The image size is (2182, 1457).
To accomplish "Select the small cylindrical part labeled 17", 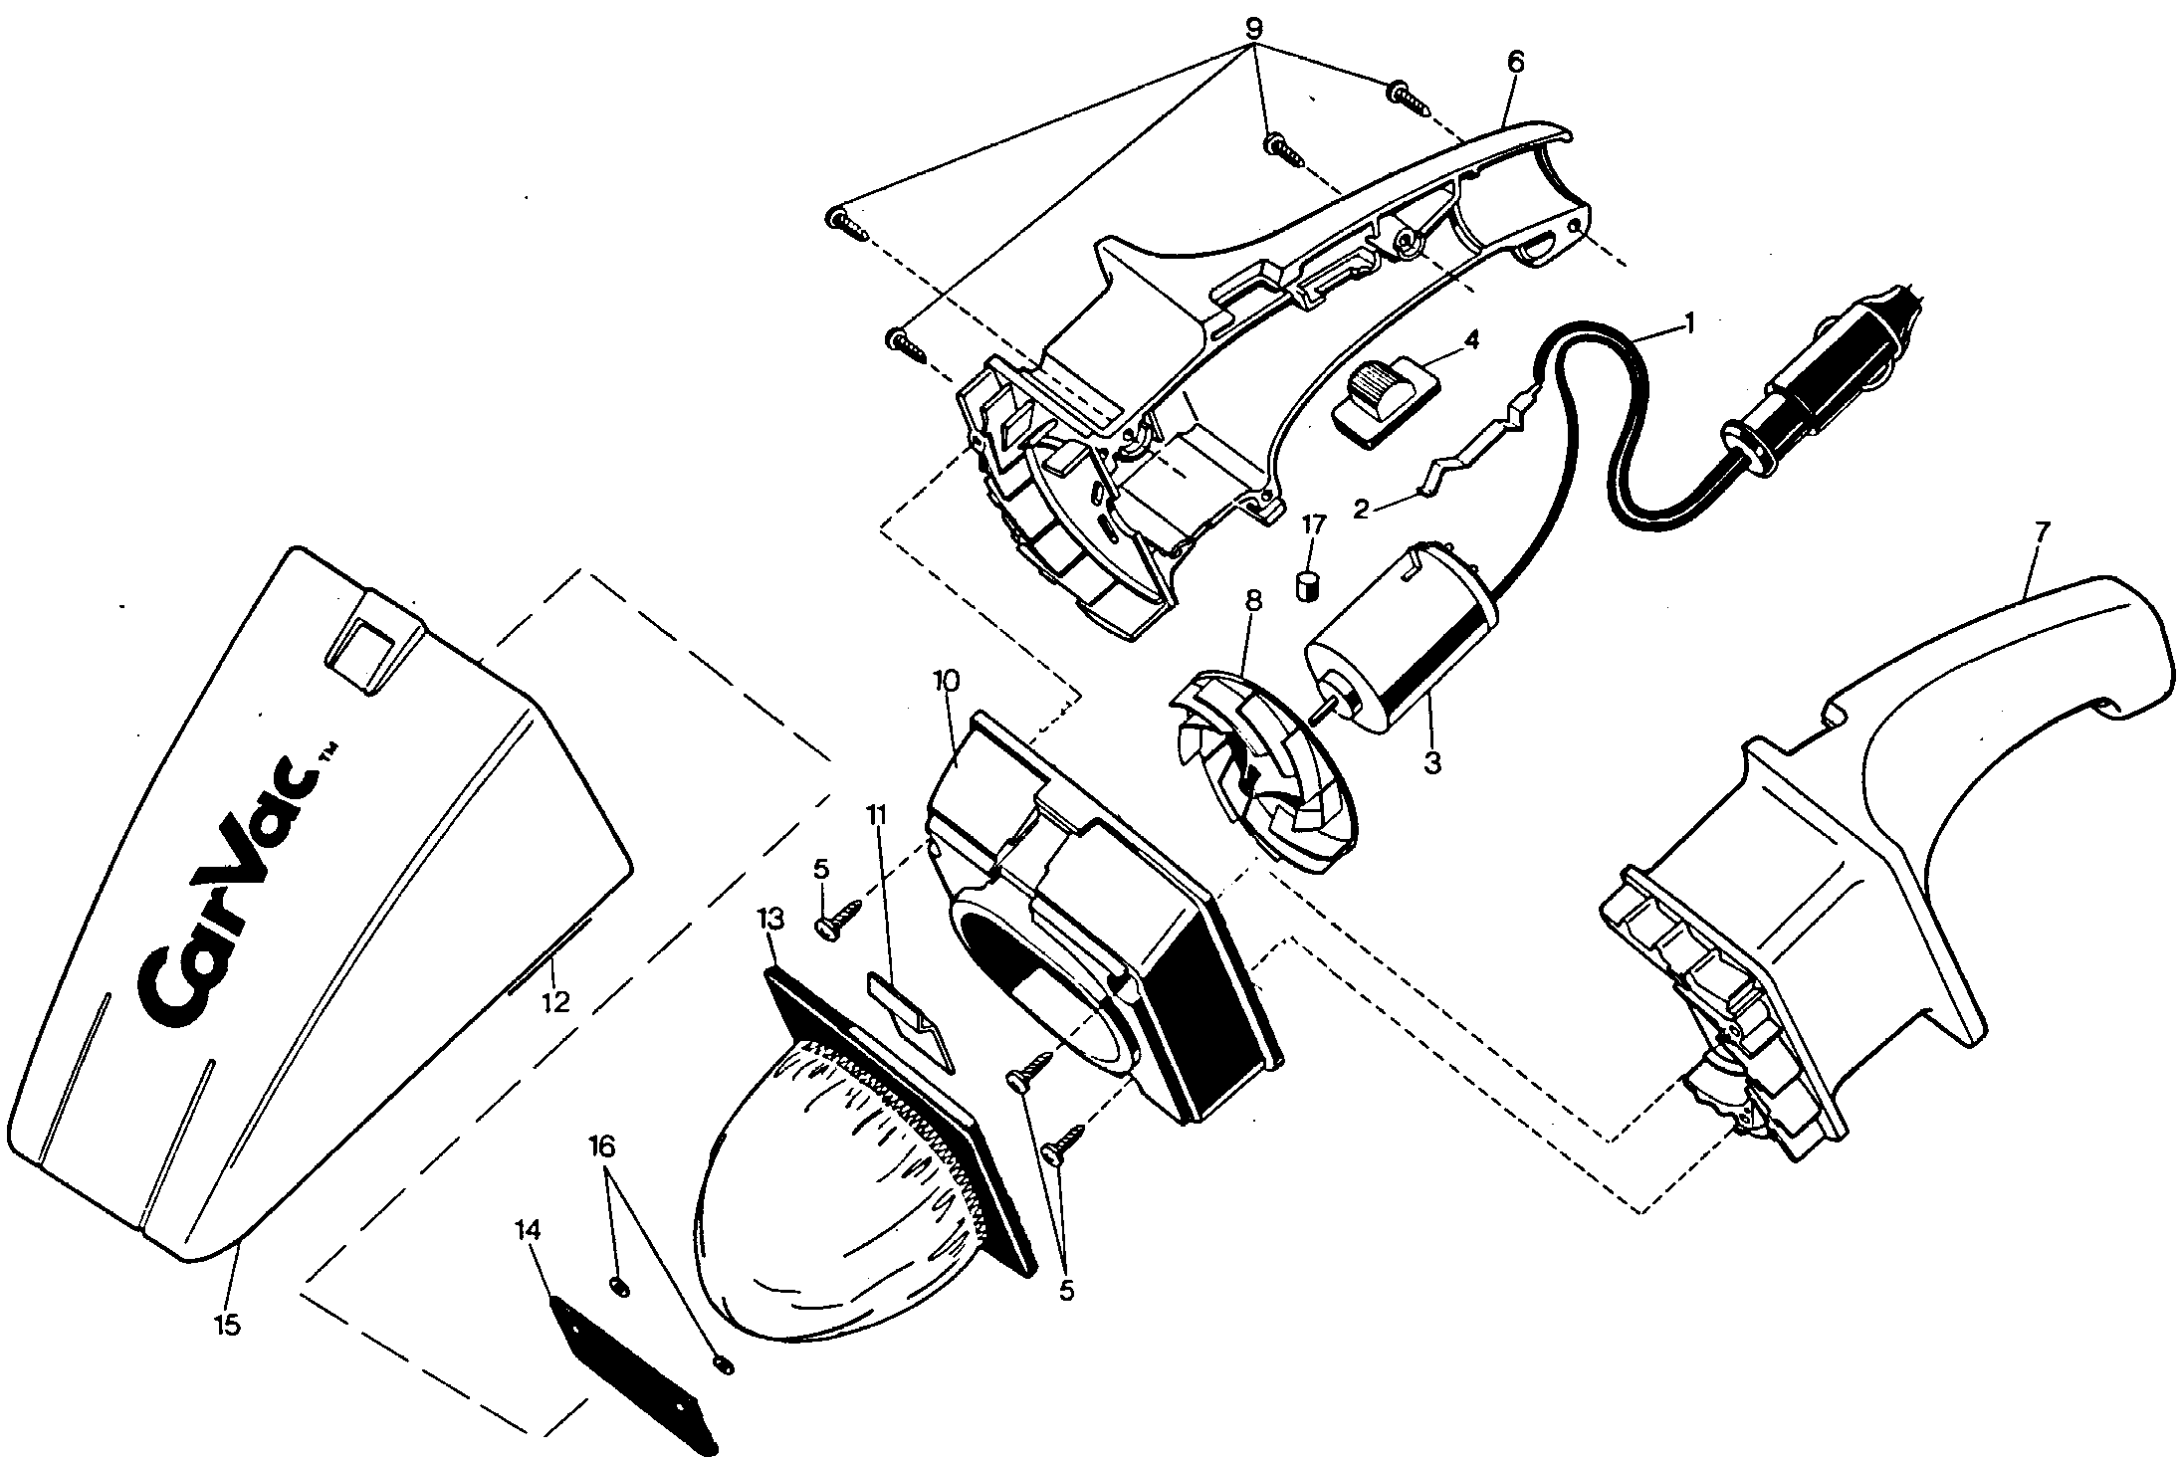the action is click(x=1306, y=585).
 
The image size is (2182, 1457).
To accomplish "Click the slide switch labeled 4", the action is click(x=1384, y=403).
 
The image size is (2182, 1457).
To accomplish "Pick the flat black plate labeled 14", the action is click(x=633, y=1378).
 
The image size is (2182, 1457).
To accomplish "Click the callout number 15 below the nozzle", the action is click(x=228, y=1325).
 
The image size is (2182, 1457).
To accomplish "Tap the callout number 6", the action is click(x=1515, y=61).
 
